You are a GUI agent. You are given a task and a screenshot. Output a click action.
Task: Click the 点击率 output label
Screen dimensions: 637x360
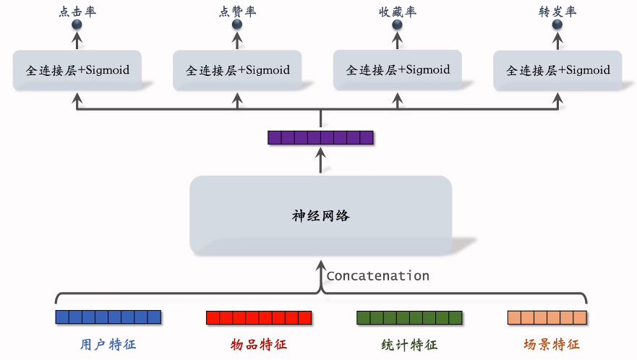pyautogui.click(x=77, y=12)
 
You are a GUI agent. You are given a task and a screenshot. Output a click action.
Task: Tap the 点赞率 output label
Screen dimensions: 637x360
pyautogui.click(x=237, y=12)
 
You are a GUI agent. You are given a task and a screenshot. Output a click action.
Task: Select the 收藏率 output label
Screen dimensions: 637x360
pyautogui.click(x=398, y=12)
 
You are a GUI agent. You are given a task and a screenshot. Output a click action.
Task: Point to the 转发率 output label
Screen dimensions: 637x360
pyautogui.click(x=557, y=12)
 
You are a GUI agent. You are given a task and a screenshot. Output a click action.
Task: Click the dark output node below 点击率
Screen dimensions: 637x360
pyautogui.click(x=77, y=25)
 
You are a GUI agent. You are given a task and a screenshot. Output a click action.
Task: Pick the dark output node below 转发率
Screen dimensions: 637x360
pyautogui.click(x=557, y=25)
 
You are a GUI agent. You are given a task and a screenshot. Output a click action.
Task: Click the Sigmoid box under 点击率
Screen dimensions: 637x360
pyautogui.click(x=77, y=70)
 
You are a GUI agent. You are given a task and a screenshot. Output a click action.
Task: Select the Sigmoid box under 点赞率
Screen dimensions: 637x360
pyautogui.click(x=237, y=70)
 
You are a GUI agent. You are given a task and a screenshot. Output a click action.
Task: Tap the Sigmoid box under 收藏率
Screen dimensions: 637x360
pyautogui.click(x=398, y=70)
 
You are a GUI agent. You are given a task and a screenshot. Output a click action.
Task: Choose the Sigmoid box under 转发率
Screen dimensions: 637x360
pyautogui.click(x=557, y=70)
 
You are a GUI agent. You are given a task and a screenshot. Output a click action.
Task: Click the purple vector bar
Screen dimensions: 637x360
pyautogui.click(x=320, y=138)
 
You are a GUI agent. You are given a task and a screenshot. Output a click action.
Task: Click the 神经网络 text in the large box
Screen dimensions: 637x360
pyautogui.click(x=320, y=215)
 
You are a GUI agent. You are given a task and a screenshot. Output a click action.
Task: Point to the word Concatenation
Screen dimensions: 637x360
pyautogui.click(x=378, y=276)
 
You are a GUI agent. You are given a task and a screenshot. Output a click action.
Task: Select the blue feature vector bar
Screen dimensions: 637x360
pyautogui.click(x=108, y=317)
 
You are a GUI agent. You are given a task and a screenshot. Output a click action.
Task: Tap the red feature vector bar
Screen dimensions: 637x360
pyautogui.click(x=259, y=318)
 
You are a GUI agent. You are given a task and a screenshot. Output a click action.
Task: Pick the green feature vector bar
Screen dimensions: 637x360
pyautogui.click(x=409, y=318)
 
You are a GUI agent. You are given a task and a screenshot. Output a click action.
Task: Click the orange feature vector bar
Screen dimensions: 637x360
pyautogui.click(x=547, y=318)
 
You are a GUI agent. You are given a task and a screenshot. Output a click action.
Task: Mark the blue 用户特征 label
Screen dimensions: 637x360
pyautogui.click(x=108, y=345)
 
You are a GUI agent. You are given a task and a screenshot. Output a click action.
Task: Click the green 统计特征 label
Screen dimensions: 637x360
pyautogui.click(x=409, y=345)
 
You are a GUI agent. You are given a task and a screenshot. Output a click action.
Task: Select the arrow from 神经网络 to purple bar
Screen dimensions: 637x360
pyautogui.click(x=320, y=160)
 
